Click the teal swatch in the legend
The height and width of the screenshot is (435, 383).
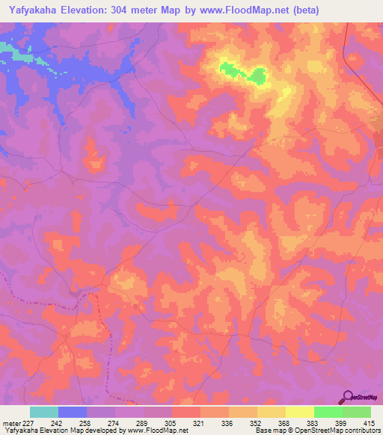[x=44, y=412]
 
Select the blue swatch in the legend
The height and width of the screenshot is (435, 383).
[x=73, y=412]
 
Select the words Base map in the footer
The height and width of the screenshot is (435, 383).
[x=269, y=431]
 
